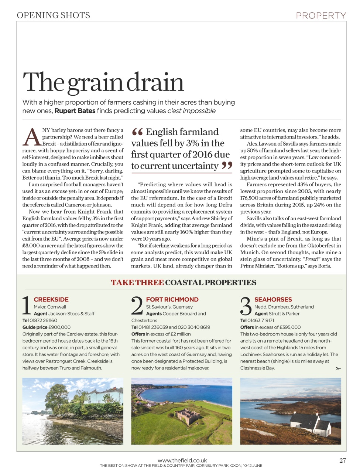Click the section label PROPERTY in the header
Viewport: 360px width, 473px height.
[321, 16]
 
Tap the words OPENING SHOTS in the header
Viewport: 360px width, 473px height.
[54, 16]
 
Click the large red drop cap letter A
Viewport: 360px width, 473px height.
[32, 137]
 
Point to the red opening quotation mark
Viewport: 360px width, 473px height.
[137, 132]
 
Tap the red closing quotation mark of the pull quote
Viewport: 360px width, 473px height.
[227, 166]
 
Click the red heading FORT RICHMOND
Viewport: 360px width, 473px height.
[172, 300]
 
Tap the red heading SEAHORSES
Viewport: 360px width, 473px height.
[273, 300]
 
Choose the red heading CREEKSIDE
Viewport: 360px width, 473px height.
[51, 300]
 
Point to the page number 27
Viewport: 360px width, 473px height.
[342, 460]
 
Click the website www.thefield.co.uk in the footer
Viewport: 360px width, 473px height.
[182, 460]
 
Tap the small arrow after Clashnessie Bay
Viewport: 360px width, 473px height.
[338, 368]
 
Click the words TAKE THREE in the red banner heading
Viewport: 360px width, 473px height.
[137, 283]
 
